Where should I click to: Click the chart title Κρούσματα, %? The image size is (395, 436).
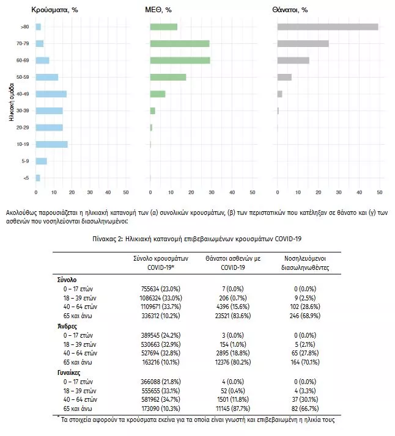click(x=54, y=10)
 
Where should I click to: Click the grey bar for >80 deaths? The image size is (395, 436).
click(x=328, y=27)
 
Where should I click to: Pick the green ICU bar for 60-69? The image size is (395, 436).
click(x=180, y=60)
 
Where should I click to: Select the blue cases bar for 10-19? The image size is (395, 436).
click(x=52, y=144)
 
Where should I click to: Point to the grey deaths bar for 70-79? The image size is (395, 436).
click(x=303, y=43)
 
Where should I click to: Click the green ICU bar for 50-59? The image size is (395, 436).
click(x=168, y=77)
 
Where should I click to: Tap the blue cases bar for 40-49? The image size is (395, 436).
click(x=51, y=94)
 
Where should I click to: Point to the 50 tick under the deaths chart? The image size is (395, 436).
click(x=379, y=193)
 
